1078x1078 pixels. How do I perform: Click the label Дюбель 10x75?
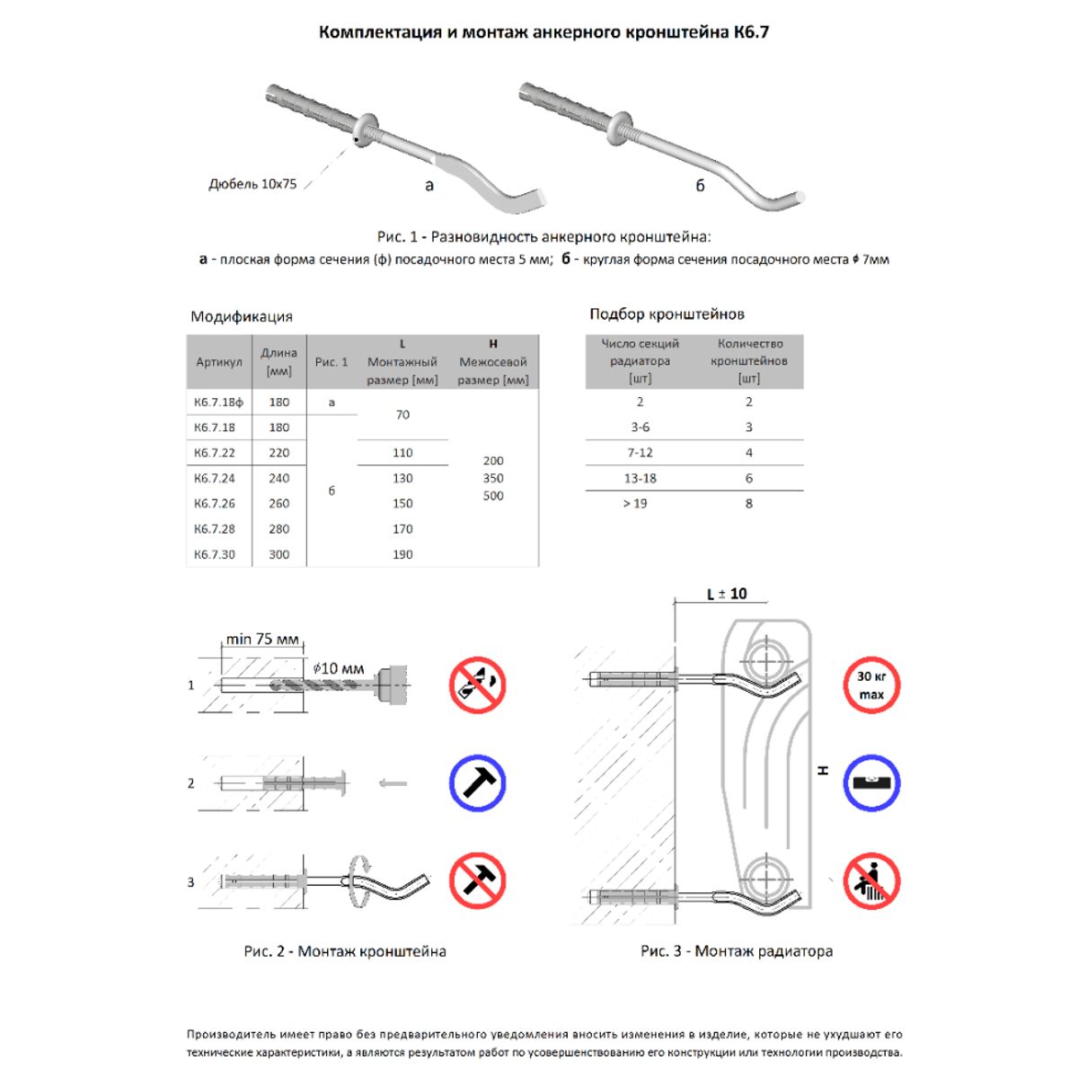(252, 184)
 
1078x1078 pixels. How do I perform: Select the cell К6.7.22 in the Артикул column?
(215, 453)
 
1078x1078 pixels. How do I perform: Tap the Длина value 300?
(279, 554)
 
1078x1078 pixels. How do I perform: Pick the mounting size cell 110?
(402, 453)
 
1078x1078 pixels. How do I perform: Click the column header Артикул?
(218, 362)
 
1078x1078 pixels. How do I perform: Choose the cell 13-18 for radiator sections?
(640, 478)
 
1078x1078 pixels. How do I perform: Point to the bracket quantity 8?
(748, 503)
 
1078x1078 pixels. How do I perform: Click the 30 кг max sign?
(870, 685)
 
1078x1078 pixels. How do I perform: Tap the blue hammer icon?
(477, 782)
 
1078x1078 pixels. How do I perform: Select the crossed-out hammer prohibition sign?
(477, 880)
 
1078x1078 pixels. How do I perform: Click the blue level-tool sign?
(870, 782)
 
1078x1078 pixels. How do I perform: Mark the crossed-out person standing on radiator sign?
(870, 880)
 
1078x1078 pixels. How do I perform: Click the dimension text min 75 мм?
(262, 640)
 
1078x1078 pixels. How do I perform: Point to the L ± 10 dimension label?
(727, 594)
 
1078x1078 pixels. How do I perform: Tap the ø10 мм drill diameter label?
(339, 668)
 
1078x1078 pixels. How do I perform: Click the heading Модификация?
(242, 316)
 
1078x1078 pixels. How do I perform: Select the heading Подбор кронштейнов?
(667, 314)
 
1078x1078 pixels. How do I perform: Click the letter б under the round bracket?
(700, 186)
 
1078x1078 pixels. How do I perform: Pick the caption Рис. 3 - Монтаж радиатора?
(736, 950)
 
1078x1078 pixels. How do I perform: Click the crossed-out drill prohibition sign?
(477, 685)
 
